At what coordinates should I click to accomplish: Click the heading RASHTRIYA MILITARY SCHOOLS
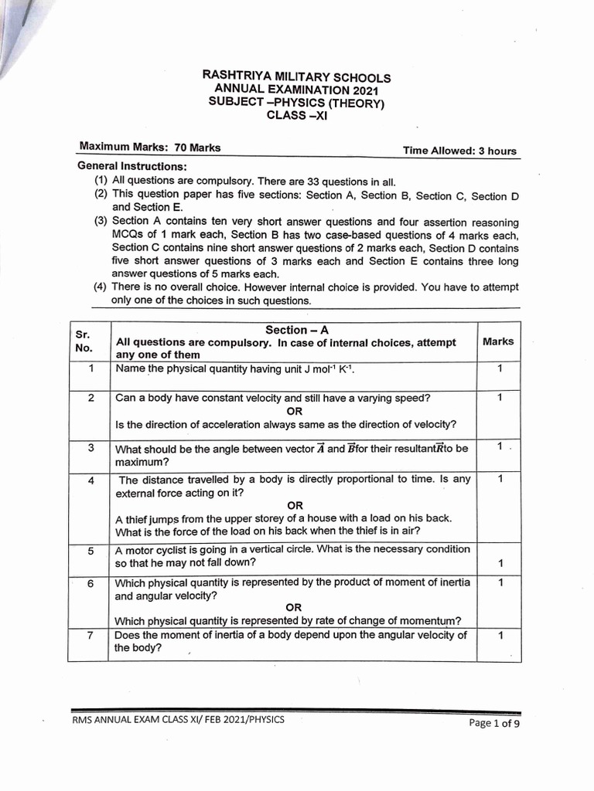point(296,77)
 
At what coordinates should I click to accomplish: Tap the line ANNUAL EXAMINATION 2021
point(296,90)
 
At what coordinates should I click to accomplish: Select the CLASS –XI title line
point(296,116)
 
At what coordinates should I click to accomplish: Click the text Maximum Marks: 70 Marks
point(150,148)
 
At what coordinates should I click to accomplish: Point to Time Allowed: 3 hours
point(459,151)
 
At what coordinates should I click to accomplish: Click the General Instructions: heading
point(131,167)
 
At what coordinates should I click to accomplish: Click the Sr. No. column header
point(84,341)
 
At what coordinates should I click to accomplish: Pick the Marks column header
point(497,341)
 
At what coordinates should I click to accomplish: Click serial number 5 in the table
point(90,551)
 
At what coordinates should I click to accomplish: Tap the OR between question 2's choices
point(294,411)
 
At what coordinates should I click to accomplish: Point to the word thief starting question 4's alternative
point(137,518)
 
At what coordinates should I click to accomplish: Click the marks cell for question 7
point(500,636)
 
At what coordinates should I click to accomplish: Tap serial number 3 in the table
point(90,448)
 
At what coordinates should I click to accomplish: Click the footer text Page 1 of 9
point(494,724)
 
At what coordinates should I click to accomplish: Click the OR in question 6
point(294,607)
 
